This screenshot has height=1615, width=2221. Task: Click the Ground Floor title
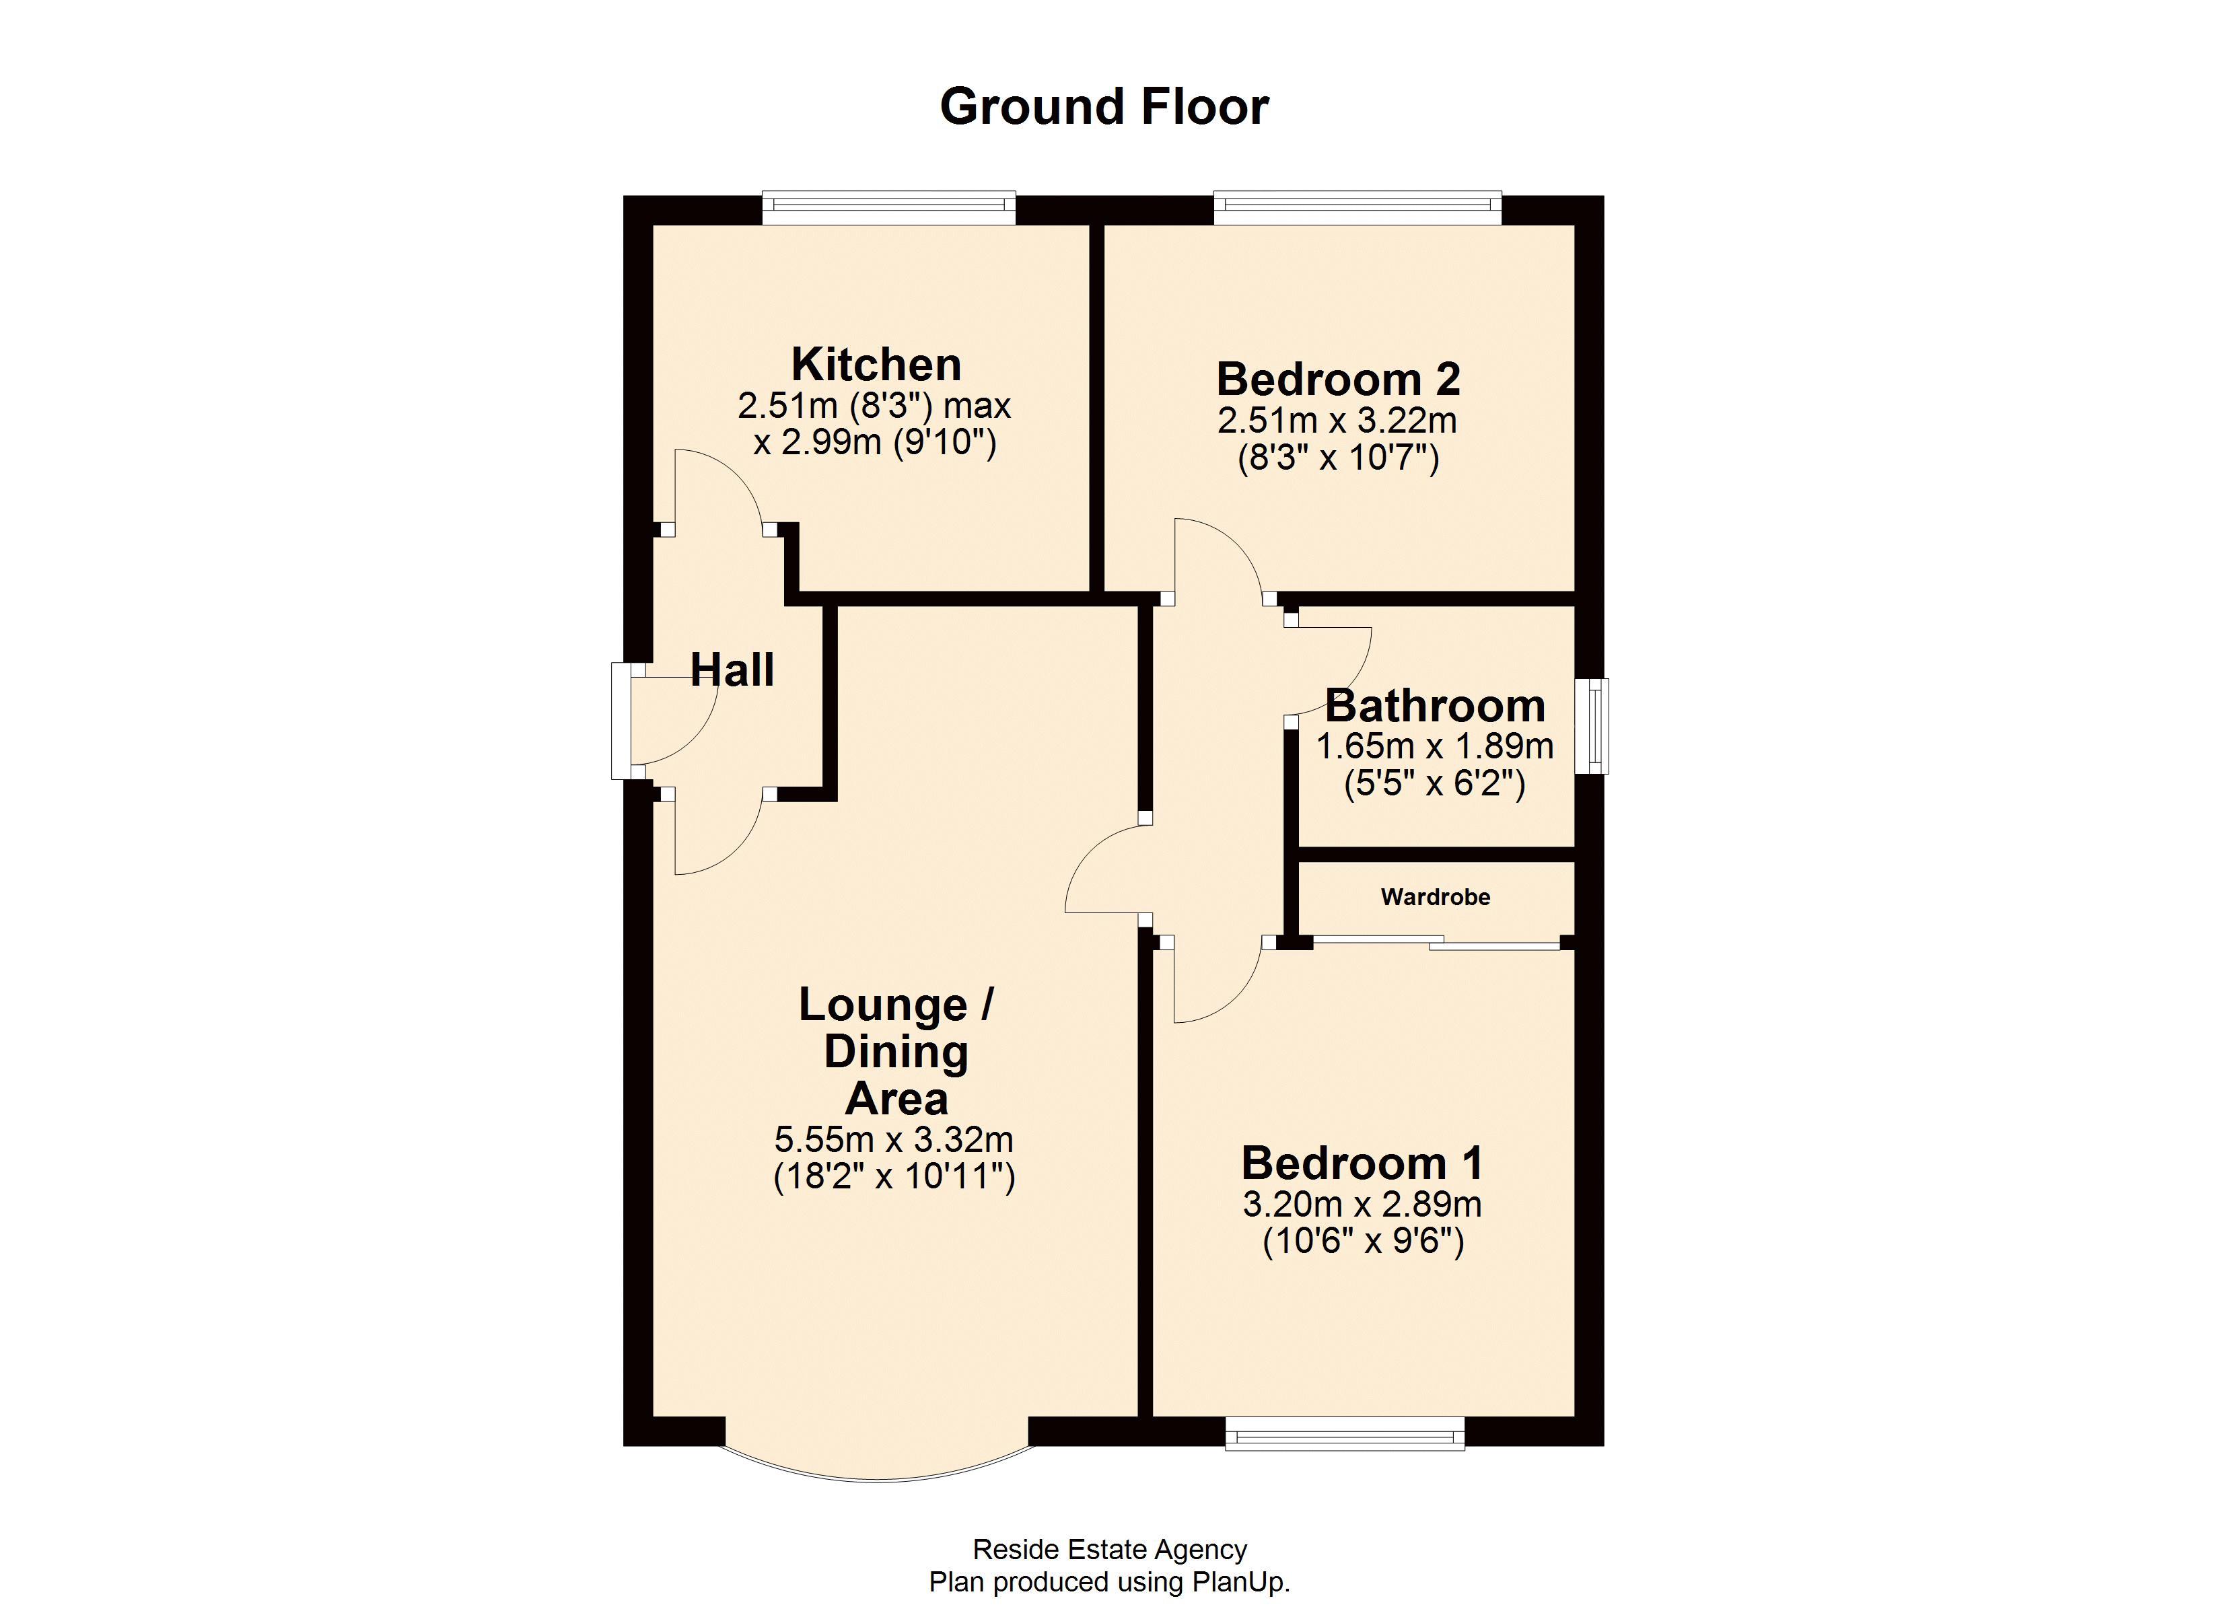(1104, 107)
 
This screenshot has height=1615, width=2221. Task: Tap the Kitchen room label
(876, 364)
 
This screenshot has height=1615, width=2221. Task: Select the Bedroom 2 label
(1338, 379)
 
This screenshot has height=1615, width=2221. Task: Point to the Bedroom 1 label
(1362, 1163)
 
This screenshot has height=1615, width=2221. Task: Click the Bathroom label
(1435, 705)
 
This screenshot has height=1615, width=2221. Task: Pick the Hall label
(732, 670)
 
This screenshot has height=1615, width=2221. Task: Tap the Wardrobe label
(1435, 897)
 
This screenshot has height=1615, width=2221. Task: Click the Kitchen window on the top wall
(888, 205)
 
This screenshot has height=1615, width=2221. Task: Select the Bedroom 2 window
(1358, 205)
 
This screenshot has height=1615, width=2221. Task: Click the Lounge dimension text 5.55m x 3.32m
(893, 1140)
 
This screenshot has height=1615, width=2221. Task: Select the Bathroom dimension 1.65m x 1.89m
(1435, 747)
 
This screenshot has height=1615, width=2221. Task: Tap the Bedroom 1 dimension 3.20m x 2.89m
(1362, 1205)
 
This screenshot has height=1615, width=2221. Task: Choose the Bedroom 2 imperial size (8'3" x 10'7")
(1338, 458)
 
